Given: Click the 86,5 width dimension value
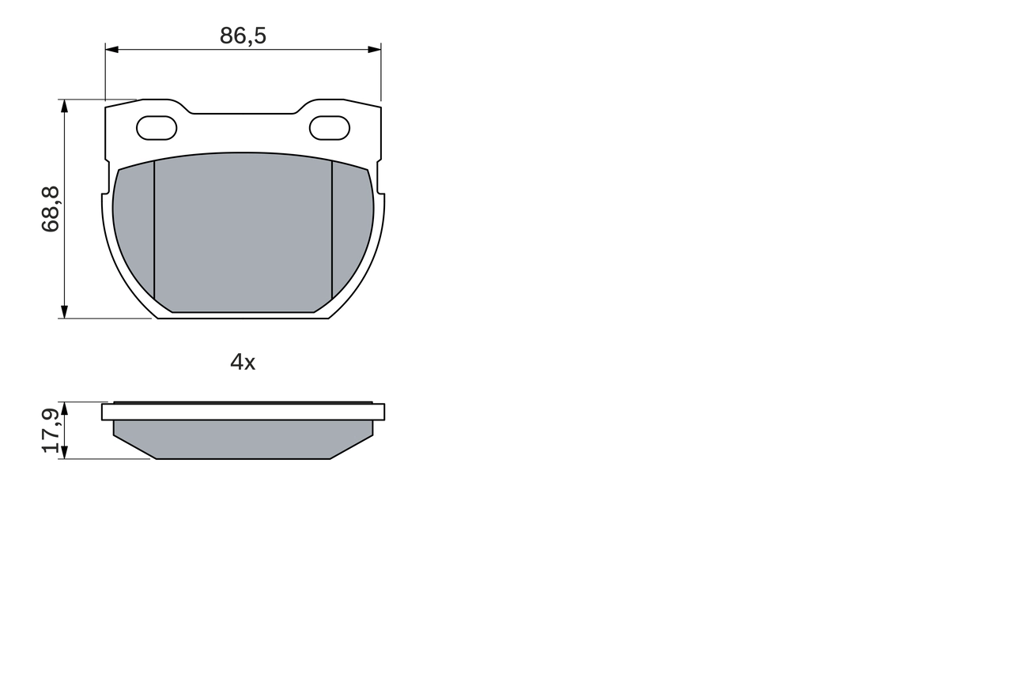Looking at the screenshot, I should pyautogui.click(x=243, y=36).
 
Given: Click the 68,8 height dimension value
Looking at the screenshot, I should pyautogui.click(x=51, y=209).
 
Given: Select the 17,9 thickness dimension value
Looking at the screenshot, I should pyautogui.click(x=51, y=431).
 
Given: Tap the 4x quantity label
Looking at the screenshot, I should pyautogui.click(x=243, y=363).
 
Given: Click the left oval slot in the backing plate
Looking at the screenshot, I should pyautogui.click(x=157, y=128).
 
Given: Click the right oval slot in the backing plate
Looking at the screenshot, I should pyautogui.click(x=329, y=128).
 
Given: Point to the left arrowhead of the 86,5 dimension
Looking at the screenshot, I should pyautogui.click(x=111, y=50).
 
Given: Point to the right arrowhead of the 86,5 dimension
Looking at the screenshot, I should pyautogui.click(x=375, y=50).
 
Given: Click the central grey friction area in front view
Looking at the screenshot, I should pyautogui.click(x=243, y=233).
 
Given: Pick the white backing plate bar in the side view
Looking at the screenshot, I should pyautogui.click(x=243, y=412).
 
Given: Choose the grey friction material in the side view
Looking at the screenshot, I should pyautogui.click(x=243, y=439).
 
